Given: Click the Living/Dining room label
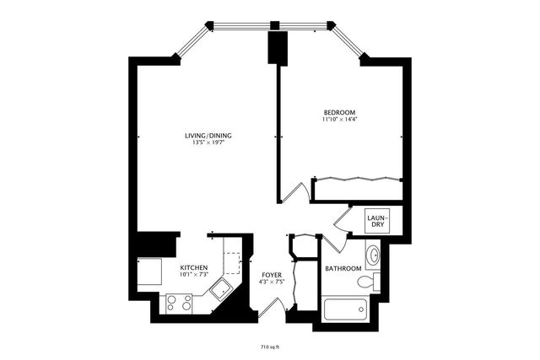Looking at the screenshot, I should pos(208,136).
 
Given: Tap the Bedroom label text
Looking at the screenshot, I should pos(339,113).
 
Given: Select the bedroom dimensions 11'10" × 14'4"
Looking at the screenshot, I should pos(339,121).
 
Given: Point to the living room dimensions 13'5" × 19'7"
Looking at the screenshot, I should pos(208,143).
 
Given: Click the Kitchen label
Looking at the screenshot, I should pos(194,268).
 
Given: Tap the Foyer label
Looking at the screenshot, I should pos(271,275).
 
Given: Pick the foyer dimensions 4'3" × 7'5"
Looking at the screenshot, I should pos(271,282).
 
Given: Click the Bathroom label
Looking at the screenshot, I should pos(343,269).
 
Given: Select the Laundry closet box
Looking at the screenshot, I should pos(376,222).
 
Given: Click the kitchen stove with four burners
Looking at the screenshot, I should pos(179,303).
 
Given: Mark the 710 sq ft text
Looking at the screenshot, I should pos(270,346).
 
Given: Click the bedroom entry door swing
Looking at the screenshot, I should pos(292,193).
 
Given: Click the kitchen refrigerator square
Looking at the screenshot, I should pos(148,271).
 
